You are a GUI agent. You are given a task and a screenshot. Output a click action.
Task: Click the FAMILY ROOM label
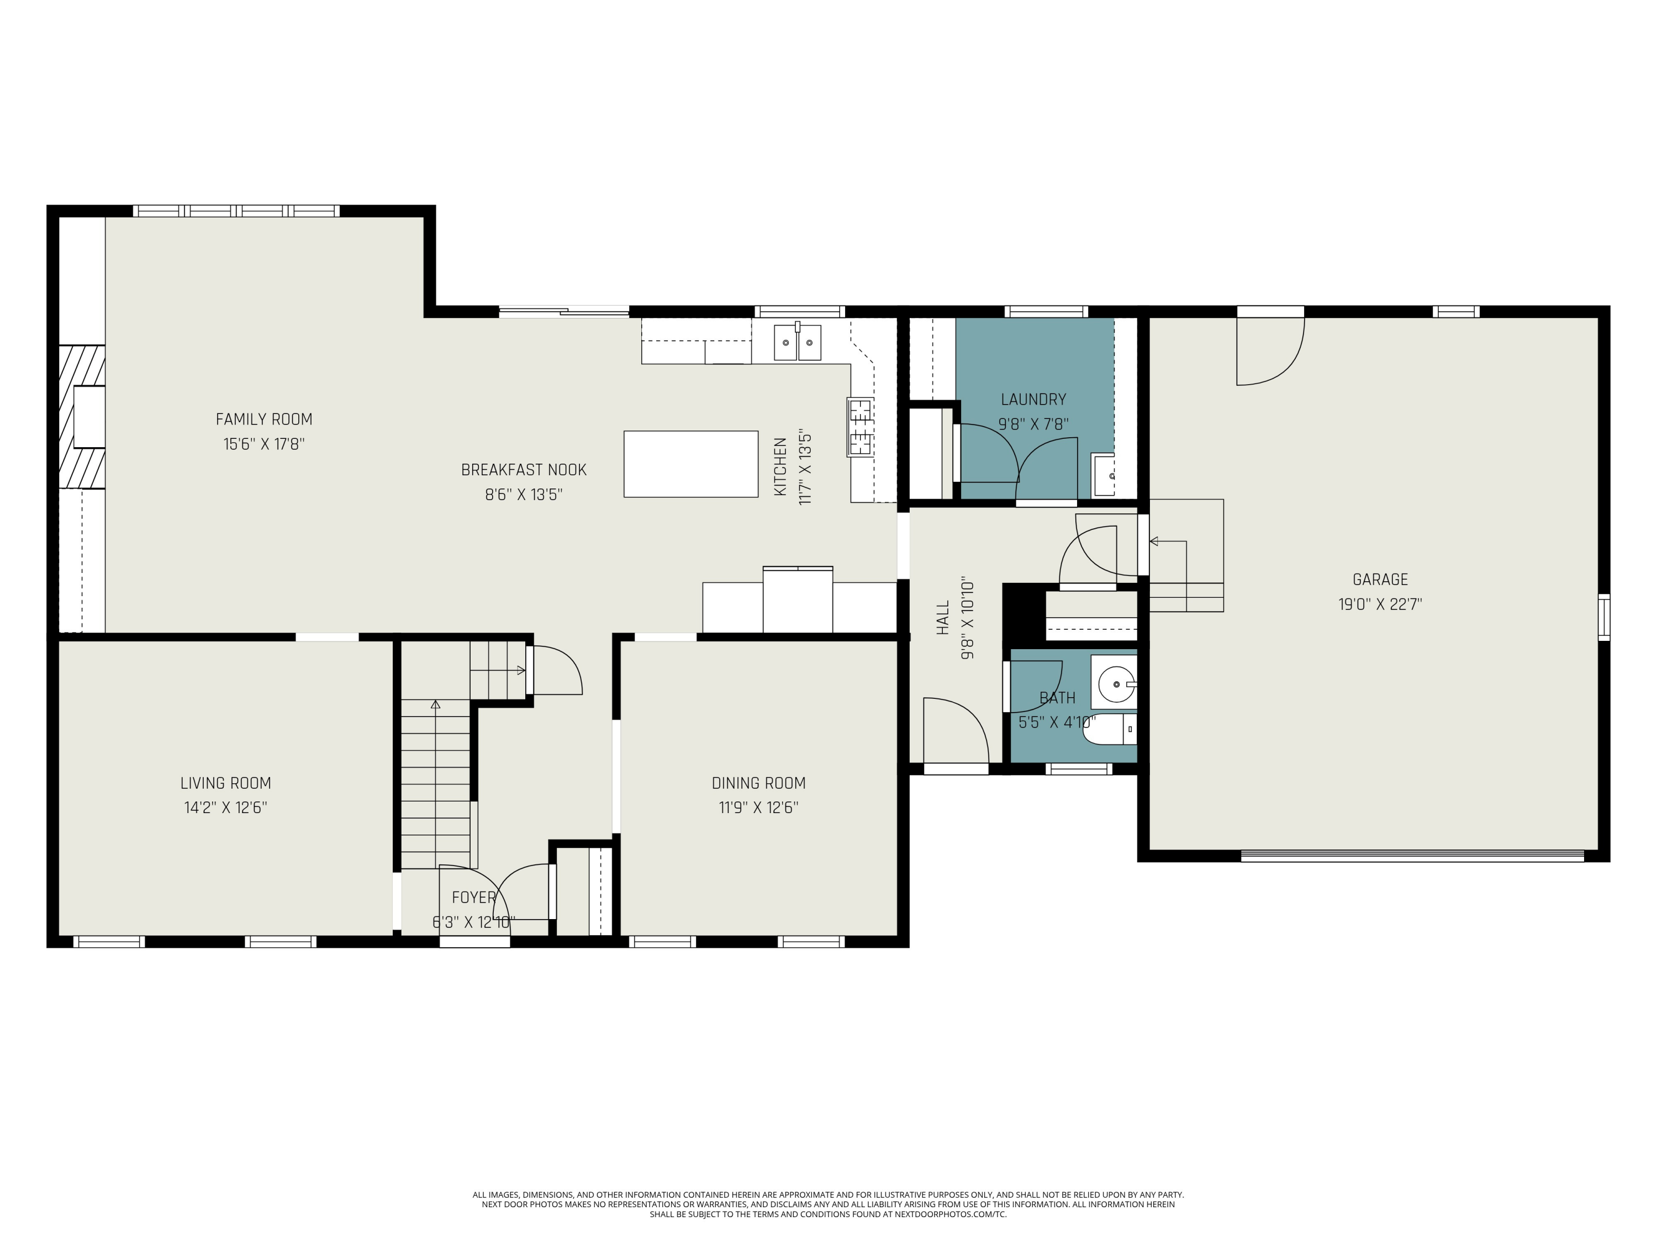pos(263,419)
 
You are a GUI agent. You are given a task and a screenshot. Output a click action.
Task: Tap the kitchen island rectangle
pos(690,464)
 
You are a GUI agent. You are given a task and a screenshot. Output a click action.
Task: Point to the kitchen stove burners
pos(860,427)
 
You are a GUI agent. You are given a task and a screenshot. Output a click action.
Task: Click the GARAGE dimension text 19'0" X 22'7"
pos(1380,604)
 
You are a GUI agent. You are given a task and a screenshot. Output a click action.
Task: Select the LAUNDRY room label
pos(1033,400)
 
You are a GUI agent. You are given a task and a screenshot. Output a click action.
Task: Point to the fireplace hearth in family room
pos(82,416)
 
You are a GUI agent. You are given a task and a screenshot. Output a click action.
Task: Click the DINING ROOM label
pos(758,783)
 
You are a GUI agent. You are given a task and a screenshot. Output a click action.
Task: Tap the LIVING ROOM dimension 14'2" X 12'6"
pos(225,808)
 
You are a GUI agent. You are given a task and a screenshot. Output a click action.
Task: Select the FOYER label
pos(473,897)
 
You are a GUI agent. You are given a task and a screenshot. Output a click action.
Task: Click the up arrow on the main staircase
pos(435,704)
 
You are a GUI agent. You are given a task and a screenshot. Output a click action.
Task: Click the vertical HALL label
pos(943,618)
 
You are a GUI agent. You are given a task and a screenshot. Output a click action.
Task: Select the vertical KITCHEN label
pos(780,467)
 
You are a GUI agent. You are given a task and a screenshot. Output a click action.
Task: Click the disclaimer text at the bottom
pos(828,1204)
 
